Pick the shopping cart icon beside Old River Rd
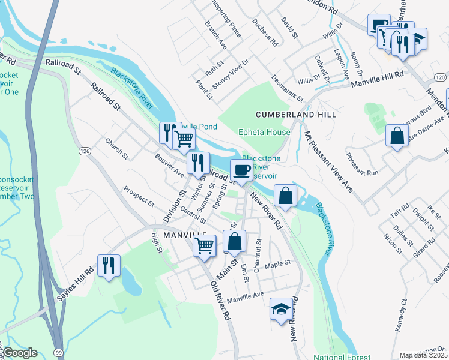coord(205,245)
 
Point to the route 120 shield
coord(440,77)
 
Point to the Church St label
coord(117,148)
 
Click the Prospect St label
coord(139,195)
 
